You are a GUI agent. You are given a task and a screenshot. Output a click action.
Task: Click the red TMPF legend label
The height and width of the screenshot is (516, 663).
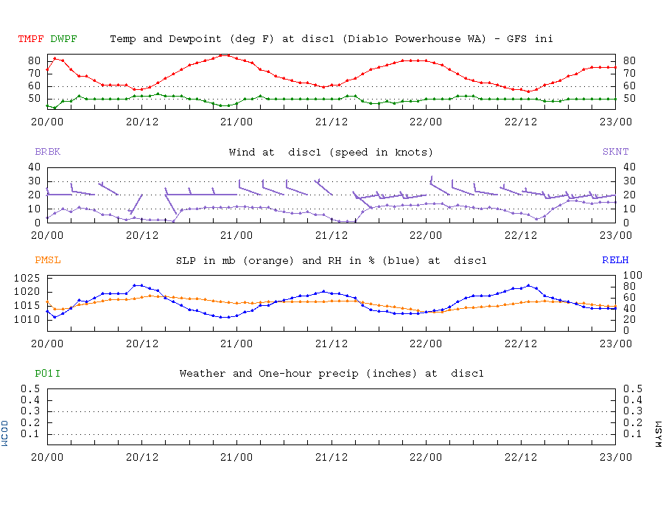point(31,39)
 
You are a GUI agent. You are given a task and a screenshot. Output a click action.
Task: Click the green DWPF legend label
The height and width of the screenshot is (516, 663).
point(63,39)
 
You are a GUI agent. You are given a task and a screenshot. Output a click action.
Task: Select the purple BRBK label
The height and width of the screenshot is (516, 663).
point(48,151)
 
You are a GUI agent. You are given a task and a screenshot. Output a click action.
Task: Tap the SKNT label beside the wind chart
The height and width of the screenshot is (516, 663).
point(616,151)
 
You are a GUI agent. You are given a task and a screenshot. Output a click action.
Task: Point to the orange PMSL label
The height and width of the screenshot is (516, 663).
point(48,260)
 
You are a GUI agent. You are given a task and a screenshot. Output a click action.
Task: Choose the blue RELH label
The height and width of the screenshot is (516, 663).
point(615,260)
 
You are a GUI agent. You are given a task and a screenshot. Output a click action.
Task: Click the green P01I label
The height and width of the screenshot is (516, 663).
point(47,374)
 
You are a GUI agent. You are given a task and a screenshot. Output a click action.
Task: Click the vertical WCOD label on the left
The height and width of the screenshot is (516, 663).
point(4,433)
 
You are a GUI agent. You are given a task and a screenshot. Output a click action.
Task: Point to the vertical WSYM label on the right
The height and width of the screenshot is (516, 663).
point(658,434)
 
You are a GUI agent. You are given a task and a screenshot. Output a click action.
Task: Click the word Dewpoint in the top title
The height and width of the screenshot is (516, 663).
point(195,39)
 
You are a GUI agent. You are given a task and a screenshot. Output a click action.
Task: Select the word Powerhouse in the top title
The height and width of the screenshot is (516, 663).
point(428,39)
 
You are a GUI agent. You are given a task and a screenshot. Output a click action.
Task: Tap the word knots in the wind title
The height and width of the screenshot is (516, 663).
point(411,153)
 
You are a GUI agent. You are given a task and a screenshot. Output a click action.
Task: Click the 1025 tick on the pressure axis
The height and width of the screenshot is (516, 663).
point(27,279)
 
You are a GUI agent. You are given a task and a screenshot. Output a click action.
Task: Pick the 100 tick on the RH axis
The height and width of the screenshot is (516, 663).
point(633,276)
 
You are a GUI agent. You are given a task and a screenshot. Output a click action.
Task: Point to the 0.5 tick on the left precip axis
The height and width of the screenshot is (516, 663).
point(30,388)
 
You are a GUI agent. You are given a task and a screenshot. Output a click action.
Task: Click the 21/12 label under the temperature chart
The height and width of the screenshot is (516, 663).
point(331,122)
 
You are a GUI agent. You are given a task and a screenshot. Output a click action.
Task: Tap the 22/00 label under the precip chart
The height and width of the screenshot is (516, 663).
point(426,457)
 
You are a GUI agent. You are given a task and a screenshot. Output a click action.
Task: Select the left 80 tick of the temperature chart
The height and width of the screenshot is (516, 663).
point(34,60)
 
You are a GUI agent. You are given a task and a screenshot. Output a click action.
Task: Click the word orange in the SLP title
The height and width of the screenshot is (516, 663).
point(268,261)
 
